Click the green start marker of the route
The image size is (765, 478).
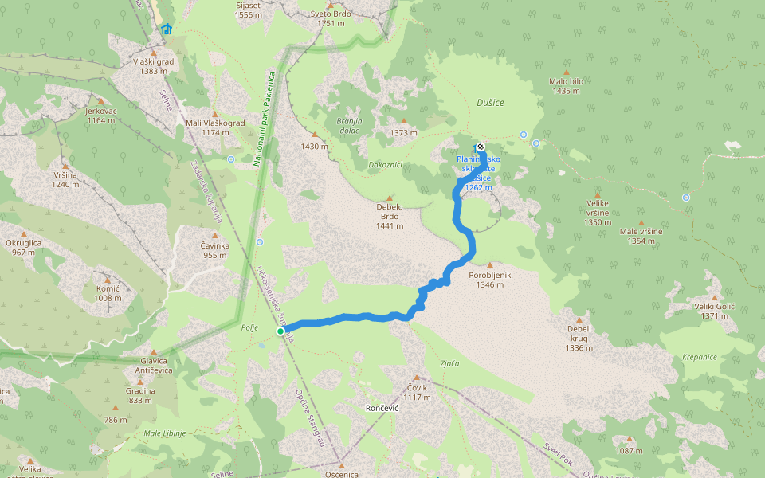pyautogui.click(x=280, y=331)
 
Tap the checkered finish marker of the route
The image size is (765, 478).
pyautogui.click(x=480, y=147)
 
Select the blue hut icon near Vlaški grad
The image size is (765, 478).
pyautogui.click(x=166, y=29)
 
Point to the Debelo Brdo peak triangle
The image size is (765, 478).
pyautogui.click(x=390, y=198)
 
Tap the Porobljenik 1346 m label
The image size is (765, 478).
pyautogui.click(x=489, y=279)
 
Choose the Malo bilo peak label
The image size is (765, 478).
pyautogui.click(x=567, y=86)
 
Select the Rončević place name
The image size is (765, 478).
pyautogui.click(x=382, y=407)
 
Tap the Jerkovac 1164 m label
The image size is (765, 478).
pyautogui.click(x=102, y=116)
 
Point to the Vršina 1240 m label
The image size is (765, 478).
pyautogui.click(x=65, y=179)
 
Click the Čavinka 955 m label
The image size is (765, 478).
pyautogui.click(x=215, y=250)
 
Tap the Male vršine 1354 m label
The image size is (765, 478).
pyautogui.click(x=641, y=236)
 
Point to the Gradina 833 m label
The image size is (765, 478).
pyautogui.click(x=139, y=396)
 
